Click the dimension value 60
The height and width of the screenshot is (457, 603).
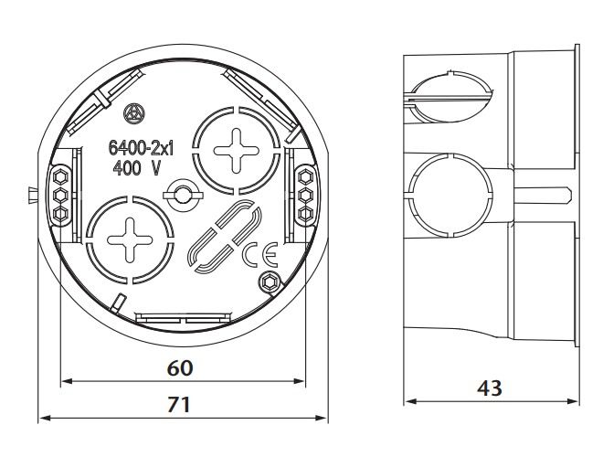tap(180, 368)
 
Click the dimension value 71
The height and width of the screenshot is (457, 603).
tap(179, 405)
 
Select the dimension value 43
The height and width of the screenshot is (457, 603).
tap(490, 388)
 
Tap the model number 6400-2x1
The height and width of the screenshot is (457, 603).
tap(141, 148)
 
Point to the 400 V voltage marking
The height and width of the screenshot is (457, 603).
tap(136, 168)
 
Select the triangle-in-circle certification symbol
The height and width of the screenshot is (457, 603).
tap(134, 114)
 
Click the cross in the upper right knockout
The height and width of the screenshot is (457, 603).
tap(236, 151)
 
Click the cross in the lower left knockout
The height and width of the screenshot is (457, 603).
tap(130, 240)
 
